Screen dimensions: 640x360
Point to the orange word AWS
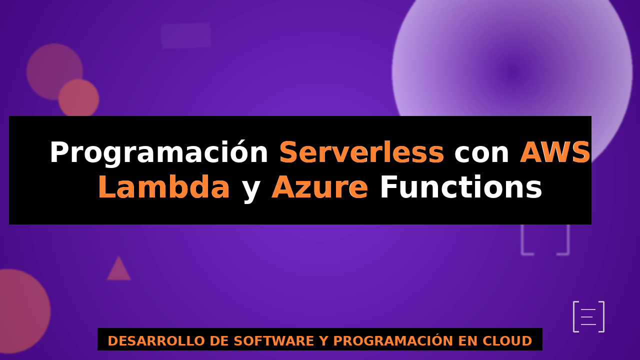555,152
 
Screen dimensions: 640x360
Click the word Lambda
163,186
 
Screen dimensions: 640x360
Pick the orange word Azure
319,187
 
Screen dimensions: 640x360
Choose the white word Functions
461,186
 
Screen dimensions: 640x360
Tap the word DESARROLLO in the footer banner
156,341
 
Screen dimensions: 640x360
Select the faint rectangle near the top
186,35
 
